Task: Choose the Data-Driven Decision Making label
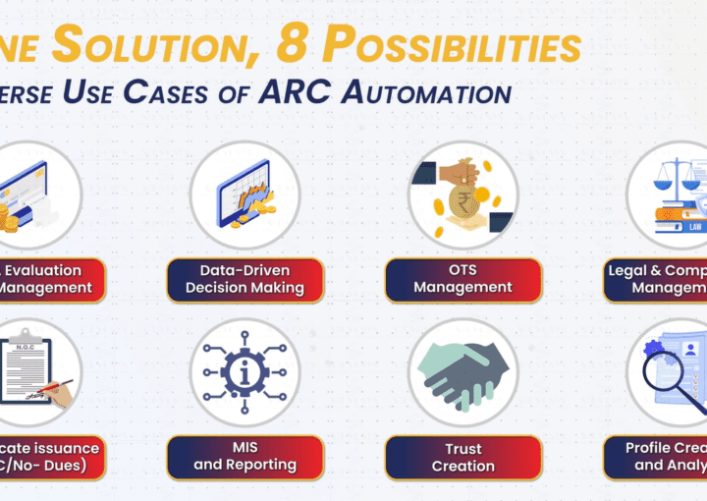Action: point(245,279)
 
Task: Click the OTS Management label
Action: point(462,279)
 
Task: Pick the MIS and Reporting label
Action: point(245,457)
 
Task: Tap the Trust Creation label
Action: point(462,457)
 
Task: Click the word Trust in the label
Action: point(462,449)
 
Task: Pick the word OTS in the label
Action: point(462,270)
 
